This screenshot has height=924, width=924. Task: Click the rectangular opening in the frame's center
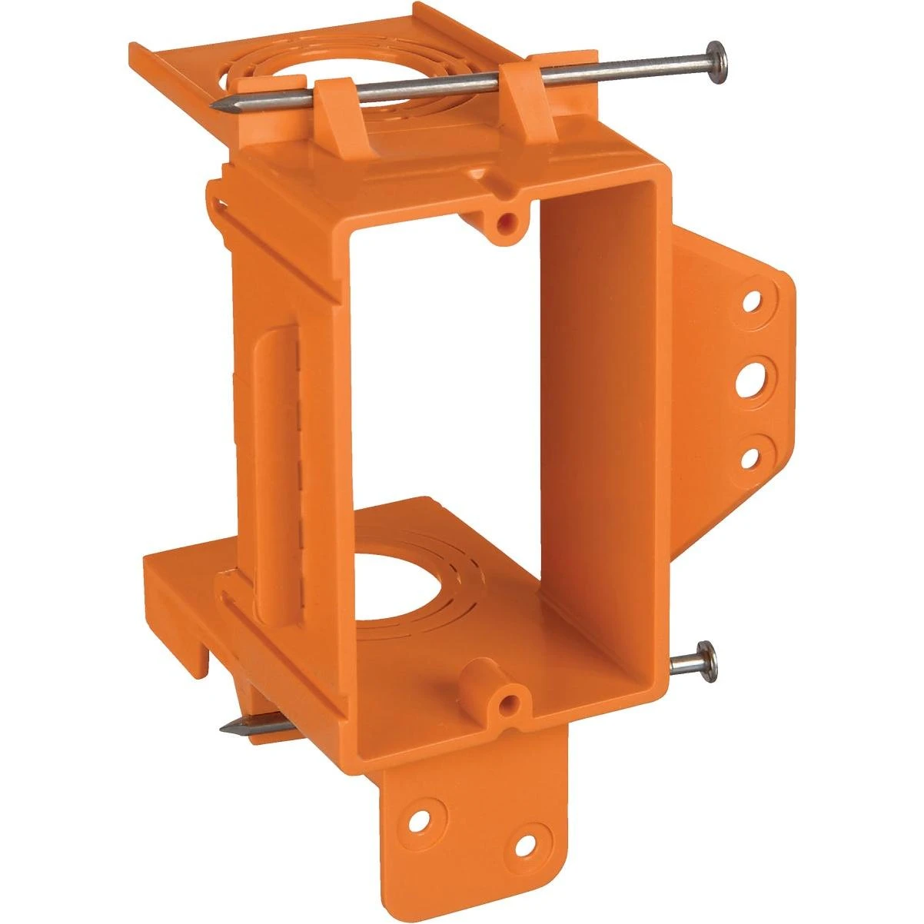click(x=446, y=384)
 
